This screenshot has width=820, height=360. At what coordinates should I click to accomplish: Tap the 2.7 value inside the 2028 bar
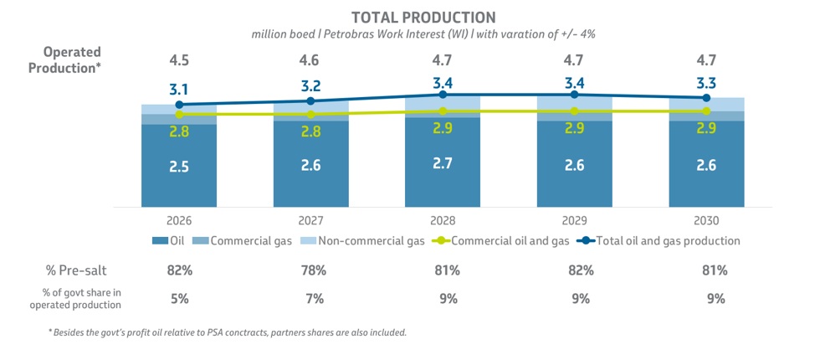tap(443, 163)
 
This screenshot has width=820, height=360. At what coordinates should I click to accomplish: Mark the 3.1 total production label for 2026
tap(179, 90)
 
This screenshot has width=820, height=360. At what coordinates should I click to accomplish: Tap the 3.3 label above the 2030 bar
tap(706, 83)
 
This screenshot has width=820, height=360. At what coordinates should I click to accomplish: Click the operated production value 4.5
tap(179, 59)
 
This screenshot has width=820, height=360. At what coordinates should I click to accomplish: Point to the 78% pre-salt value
tap(310, 270)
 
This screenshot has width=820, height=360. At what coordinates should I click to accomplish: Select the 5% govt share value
tap(179, 299)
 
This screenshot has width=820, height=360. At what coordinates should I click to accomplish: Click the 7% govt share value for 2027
tap(310, 299)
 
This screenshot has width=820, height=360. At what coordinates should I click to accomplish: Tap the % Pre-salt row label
tap(75, 270)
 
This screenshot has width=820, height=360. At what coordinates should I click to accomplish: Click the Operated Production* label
tap(64, 60)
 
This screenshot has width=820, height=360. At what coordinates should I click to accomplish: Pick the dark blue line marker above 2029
tap(575, 95)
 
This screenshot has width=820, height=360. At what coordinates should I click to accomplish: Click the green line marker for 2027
tap(310, 114)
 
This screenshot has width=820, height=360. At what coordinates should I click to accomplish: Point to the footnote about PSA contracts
tap(227, 333)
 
